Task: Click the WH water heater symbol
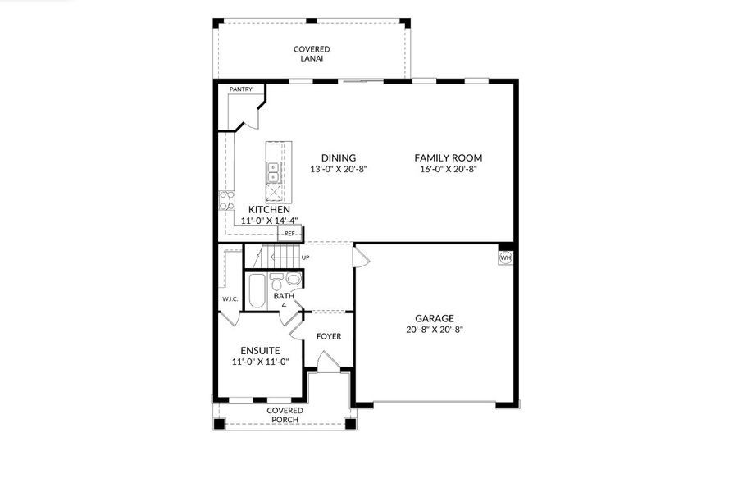coord(506,257)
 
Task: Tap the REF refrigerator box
coord(289,234)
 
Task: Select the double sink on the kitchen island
coord(272,172)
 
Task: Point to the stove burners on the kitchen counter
coord(226,201)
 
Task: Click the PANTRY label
coord(240,89)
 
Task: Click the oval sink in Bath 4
coord(294,280)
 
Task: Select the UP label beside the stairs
coord(306,257)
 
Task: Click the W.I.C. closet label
coord(229,298)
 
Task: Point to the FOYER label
coord(329,336)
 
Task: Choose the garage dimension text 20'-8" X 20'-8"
coord(435,330)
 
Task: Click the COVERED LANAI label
coord(312,54)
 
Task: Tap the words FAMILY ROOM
coord(448,158)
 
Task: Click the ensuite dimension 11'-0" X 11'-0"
coord(261,361)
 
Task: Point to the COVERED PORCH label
coord(285,415)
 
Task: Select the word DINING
coord(338,158)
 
